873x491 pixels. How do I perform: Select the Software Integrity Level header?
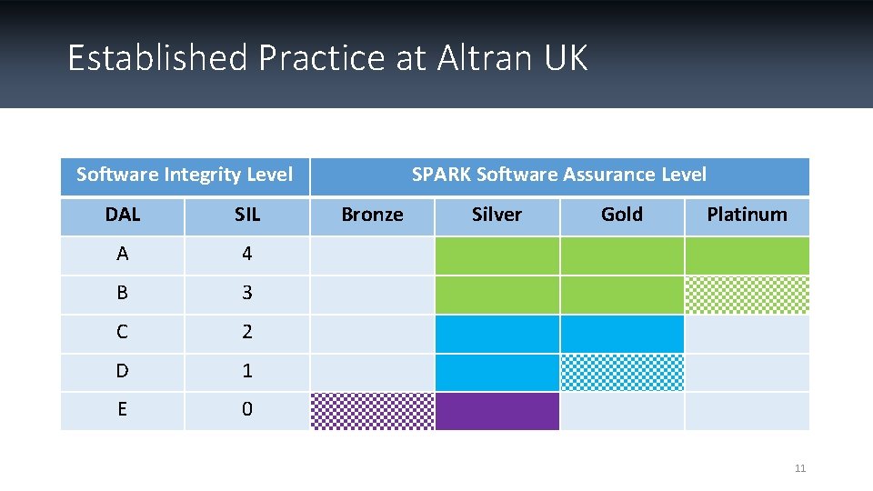click(185, 175)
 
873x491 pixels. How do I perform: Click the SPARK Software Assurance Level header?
click(558, 175)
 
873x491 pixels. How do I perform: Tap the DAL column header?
click(123, 215)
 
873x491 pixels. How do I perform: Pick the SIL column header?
click(247, 215)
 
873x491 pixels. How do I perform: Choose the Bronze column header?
click(372, 215)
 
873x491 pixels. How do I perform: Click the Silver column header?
click(497, 215)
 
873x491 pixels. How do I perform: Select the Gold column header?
click(622, 215)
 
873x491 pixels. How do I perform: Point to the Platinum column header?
click(747, 215)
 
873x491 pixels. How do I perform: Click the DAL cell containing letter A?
click(123, 255)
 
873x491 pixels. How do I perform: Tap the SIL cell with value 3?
click(247, 294)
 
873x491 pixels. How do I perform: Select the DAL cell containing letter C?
click(123, 333)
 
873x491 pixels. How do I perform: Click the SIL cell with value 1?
click(247, 372)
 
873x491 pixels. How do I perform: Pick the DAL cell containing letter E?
click(123, 410)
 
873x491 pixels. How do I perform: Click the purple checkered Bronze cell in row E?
click(373, 411)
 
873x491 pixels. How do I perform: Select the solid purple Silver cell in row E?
click(497, 411)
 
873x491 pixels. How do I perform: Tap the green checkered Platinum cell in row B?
click(747, 295)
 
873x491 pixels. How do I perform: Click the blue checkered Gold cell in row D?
click(622, 373)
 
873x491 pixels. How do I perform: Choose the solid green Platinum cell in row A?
click(747, 256)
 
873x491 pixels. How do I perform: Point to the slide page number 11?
click(800, 468)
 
